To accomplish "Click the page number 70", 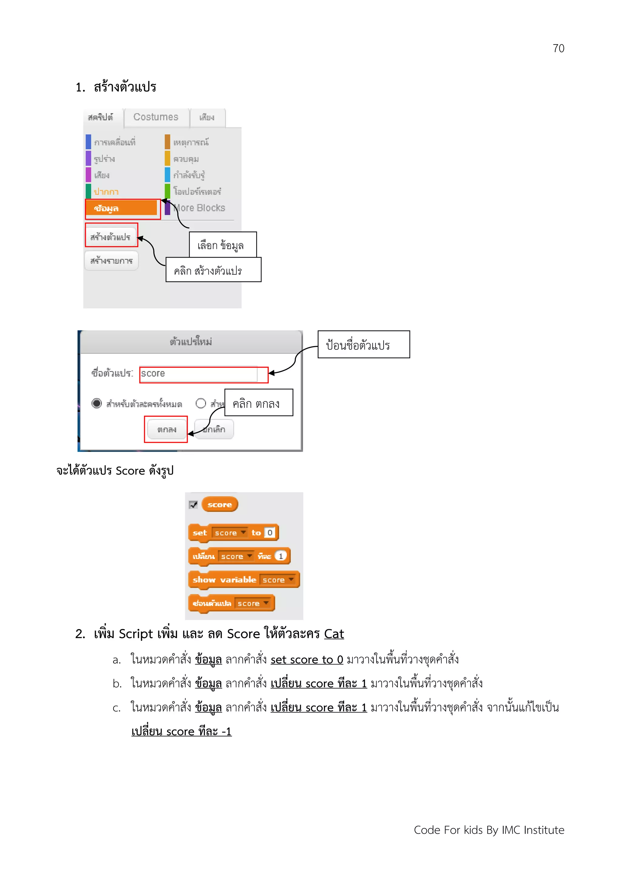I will point(558,49).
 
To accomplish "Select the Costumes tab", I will point(156,117).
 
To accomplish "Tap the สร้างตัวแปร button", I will point(111,237).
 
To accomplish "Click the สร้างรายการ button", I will point(111,261).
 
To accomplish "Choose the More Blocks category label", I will point(199,208).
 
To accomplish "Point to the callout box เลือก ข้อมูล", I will point(222,245).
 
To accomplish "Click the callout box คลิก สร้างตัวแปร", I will point(213,270).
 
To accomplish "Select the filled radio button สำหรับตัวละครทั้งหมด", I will point(97,403).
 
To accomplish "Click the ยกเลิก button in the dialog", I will point(214,429).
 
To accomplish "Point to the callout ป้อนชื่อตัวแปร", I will point(363,345).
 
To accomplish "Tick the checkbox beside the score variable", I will point(194,505).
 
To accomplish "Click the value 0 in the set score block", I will point(270,532).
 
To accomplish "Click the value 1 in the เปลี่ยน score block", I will point(280,556).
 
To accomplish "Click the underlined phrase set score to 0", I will point(307,660).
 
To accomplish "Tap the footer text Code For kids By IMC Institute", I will point(488,830).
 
